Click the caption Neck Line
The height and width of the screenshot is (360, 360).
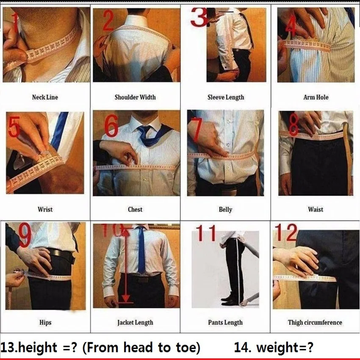click(x=45, y=97)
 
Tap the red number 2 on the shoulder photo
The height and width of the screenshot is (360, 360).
click(x=108, y=21)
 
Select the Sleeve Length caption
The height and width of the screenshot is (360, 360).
click(x=225, y=97)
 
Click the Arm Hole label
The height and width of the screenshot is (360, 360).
click(x=316, y=97)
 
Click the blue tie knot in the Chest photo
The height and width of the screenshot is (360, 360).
click(x=144, y=130)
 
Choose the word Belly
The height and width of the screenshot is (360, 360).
click(x=225, y=210)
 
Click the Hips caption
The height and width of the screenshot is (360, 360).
click(x=45, y=323)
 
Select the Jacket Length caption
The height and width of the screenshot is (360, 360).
click(x=135, y=323)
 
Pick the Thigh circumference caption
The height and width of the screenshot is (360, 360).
click(x=315, y=323)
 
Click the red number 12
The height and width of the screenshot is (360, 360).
click(x=285, y=233)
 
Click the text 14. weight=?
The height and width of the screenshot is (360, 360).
click(x=274, y=348)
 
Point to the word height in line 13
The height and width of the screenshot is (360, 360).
click(x=36, y=348)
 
